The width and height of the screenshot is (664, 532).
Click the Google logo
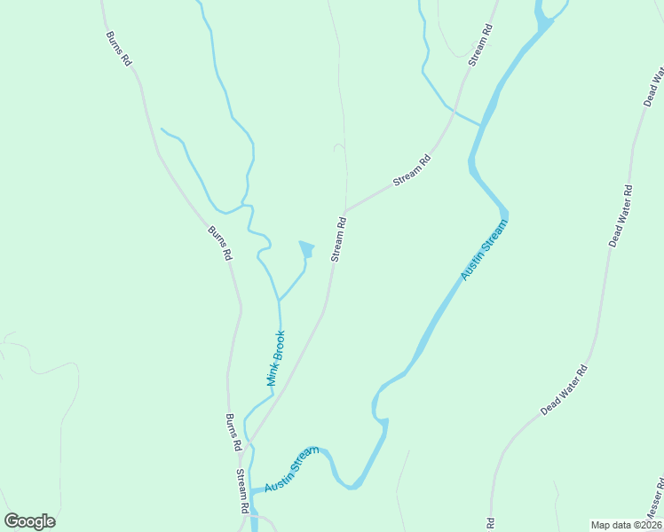(30, 521)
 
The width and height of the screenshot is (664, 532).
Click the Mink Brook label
(276, 357)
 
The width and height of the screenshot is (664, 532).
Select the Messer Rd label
(654, 502)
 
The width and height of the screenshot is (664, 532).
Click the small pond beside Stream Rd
(307, 249)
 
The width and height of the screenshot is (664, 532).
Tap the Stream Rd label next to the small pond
(338, 239)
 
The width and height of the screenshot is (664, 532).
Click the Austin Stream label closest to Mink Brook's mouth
(291, 470)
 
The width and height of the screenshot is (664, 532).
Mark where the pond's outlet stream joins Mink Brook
(280, 299)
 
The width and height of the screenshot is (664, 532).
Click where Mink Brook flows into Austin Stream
(253, 490)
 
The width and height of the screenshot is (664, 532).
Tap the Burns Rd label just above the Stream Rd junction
(233, 432)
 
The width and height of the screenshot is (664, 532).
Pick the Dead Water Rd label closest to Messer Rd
(565, 391)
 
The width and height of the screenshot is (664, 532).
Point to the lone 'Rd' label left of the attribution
(489, 522)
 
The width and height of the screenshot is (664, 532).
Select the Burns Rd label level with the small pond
(220, 242)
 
